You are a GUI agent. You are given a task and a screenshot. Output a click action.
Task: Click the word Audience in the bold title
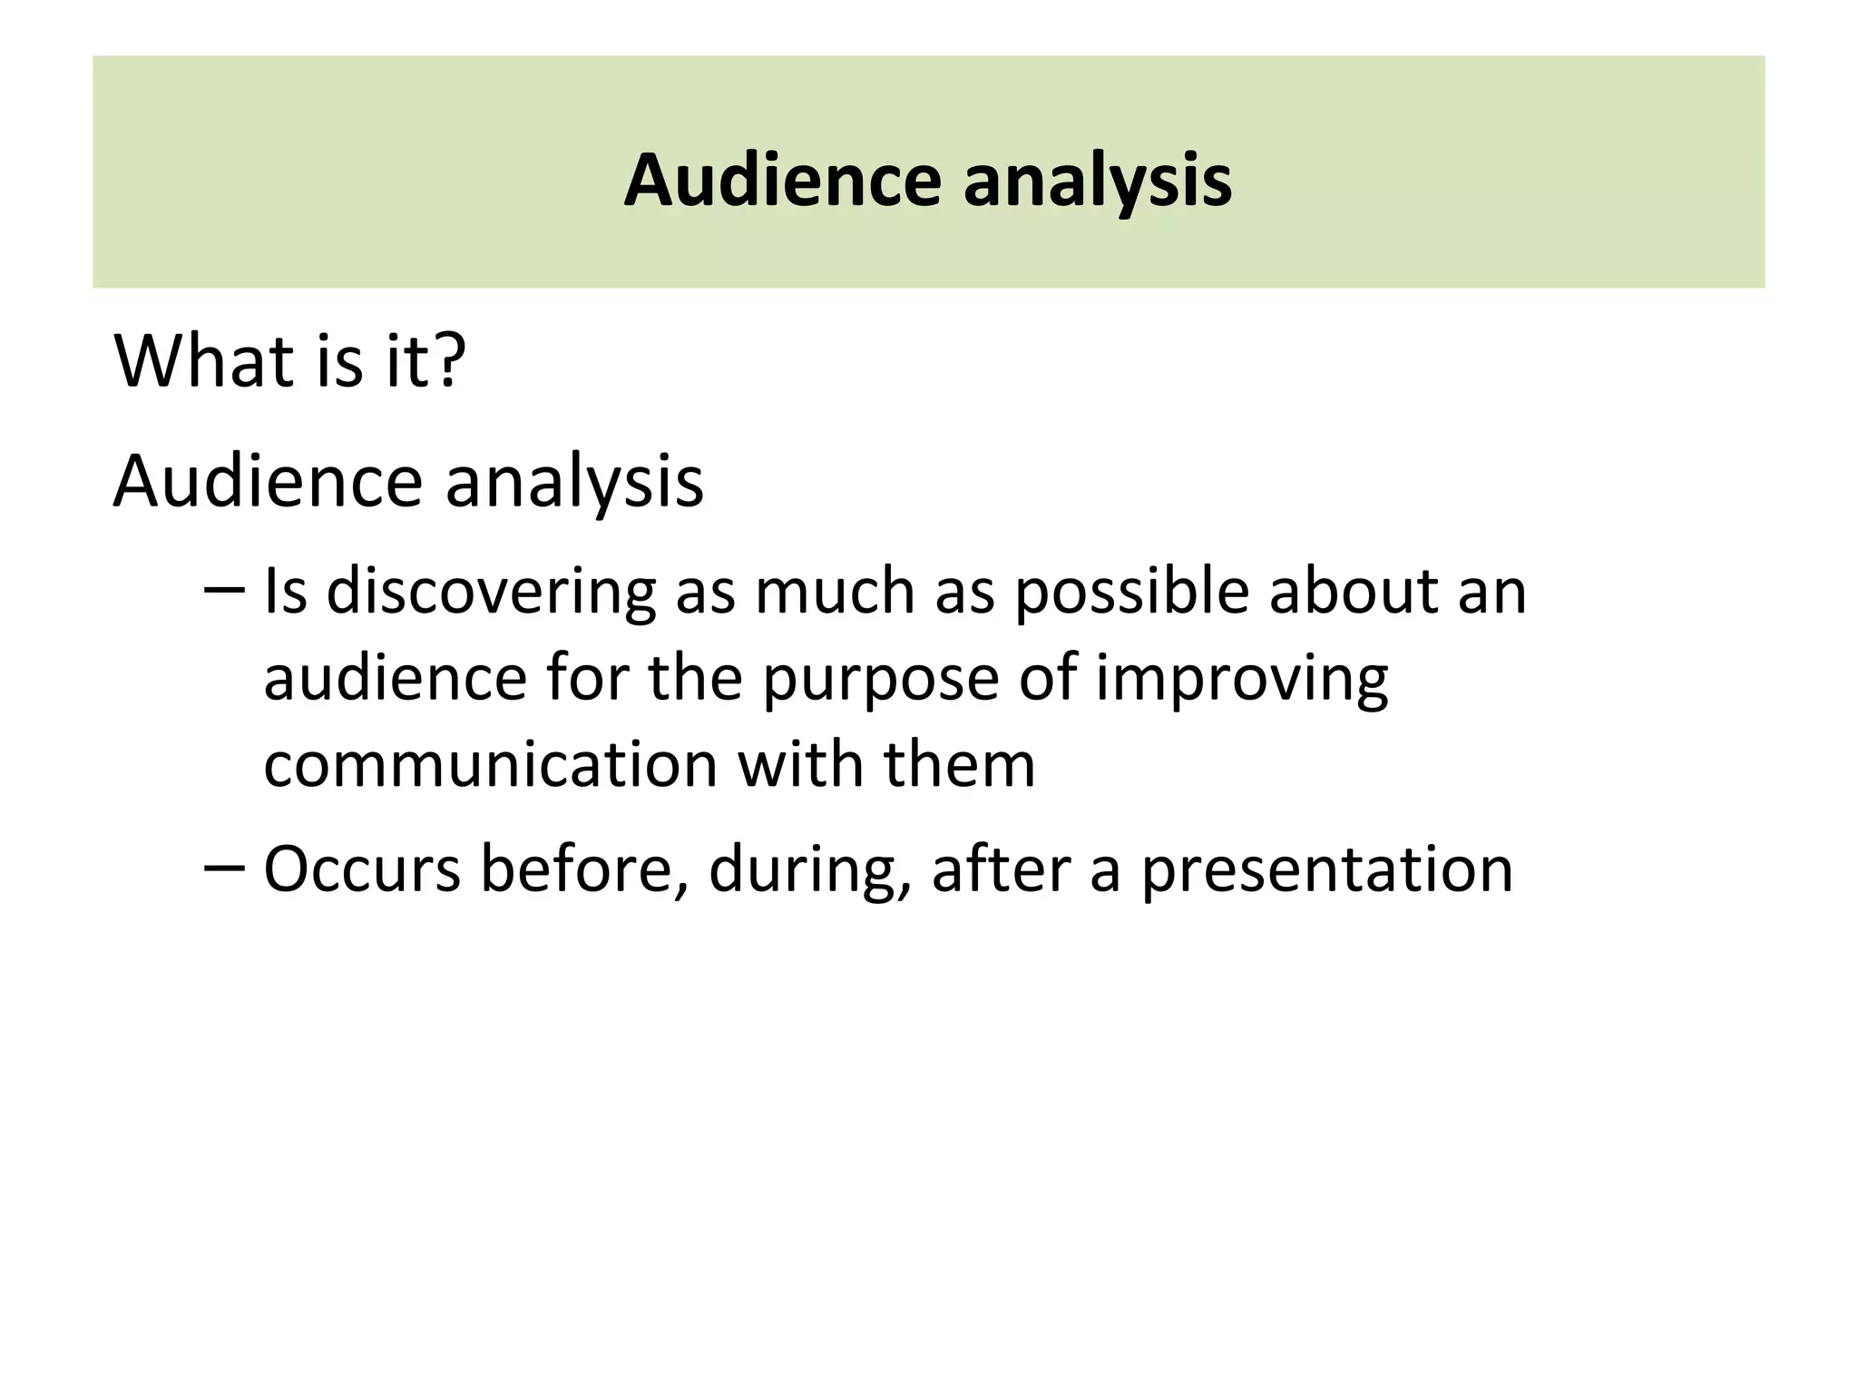pos(783,181)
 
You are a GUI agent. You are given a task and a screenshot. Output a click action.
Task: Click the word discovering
pos(491,593)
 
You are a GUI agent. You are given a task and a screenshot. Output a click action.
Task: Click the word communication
pos(491,764)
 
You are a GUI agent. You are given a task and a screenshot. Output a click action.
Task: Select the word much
pos(836,593)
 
